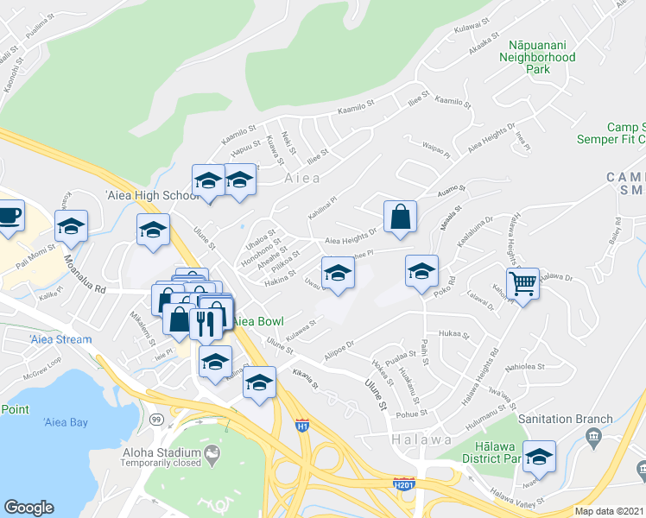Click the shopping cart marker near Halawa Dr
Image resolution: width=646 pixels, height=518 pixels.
click(x=523, y=281)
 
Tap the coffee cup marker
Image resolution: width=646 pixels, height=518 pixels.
click(x=9, y=215)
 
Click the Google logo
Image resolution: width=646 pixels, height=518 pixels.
click(x=29, y=508)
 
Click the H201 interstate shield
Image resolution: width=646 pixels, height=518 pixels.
click(x=402, y=484)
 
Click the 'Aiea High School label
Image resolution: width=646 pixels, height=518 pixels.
click(x=150, y=196)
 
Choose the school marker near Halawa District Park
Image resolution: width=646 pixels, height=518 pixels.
click(x=539, y=455)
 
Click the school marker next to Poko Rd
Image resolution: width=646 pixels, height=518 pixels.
click(x=421, y=271)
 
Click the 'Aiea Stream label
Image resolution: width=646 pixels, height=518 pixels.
click(x=59, y=339)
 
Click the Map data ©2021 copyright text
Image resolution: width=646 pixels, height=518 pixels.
click(x=610, y=511)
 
